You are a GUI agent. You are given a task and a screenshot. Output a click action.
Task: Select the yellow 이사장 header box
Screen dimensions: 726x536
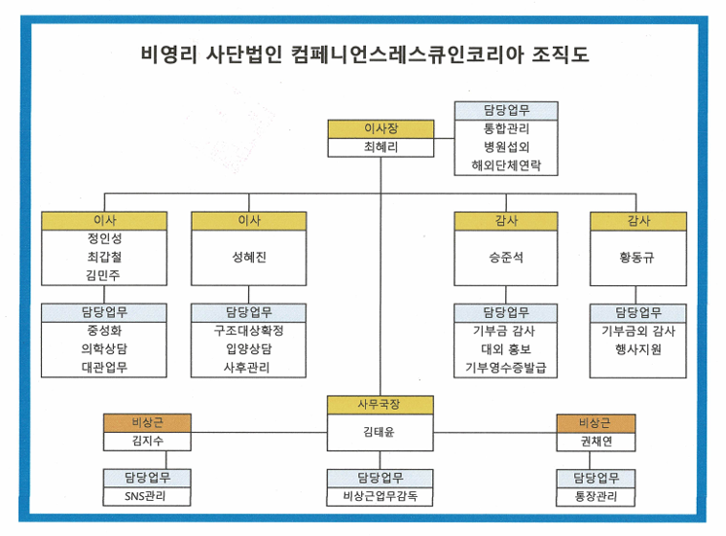pos(381,128)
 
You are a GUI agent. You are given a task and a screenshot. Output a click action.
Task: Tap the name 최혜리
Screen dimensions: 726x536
pos(381,147)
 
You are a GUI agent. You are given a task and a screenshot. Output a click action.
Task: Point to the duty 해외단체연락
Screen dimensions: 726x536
pos(506,165)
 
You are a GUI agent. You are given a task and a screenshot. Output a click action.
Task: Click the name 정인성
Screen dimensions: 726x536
pos(105,238)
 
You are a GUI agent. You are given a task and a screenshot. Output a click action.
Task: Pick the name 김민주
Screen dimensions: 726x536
pos(103,275)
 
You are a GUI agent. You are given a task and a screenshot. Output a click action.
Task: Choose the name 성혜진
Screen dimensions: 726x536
pos(249,257)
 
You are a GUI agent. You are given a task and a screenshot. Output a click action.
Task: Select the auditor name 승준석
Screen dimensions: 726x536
pos(506,257)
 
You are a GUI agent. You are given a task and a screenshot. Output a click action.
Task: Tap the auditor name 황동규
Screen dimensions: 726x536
pos(637,257)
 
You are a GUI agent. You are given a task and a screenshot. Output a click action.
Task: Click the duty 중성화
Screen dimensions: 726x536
pos(104,331)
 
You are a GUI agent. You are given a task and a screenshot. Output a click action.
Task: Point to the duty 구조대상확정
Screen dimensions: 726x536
pos(248,331)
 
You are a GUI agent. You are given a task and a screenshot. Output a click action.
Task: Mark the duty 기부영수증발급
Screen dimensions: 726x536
pos(506,368)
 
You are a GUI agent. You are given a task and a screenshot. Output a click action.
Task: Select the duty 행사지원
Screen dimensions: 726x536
pos(638,349)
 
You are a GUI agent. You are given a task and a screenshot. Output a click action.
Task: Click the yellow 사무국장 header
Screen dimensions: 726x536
pos(381,405)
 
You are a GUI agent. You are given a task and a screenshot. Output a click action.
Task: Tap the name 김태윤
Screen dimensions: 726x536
pos(379,432)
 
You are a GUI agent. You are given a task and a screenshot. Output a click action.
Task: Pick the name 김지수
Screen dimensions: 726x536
pos(148,441)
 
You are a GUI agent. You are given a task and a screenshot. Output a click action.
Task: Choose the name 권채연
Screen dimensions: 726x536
pos(597,441)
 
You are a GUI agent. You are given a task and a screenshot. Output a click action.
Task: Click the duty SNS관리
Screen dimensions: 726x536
pos(145,496)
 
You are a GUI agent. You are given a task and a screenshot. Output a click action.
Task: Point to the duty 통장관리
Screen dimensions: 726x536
pos(596,497)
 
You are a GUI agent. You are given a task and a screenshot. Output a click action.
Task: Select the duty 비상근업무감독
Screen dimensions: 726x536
pos(381,496)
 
